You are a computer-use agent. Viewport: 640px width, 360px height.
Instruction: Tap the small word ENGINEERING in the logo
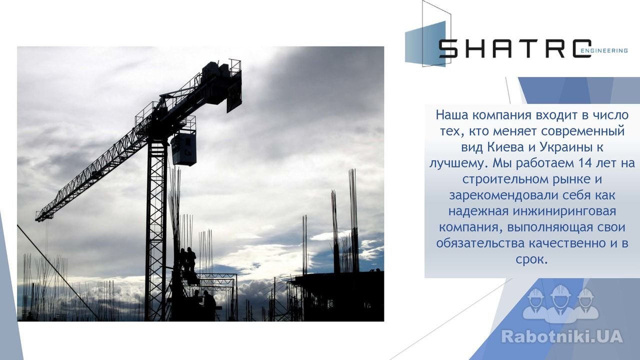604,50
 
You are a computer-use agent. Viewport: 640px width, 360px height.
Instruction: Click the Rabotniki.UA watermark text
562,336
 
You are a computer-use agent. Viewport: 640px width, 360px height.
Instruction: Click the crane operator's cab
184,149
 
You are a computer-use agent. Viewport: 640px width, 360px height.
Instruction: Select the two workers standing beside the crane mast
188,259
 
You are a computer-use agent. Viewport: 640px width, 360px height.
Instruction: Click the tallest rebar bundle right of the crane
353,220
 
